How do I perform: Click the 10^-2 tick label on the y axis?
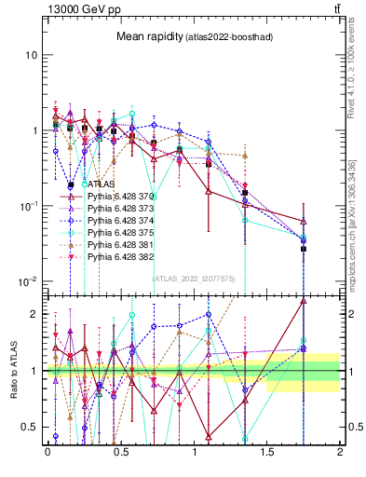pos(28,281)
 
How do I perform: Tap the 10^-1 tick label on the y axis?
pos(28,206)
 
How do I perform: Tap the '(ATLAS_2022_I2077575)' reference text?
pos(194,278)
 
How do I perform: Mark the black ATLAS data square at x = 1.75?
pos(304,249)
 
